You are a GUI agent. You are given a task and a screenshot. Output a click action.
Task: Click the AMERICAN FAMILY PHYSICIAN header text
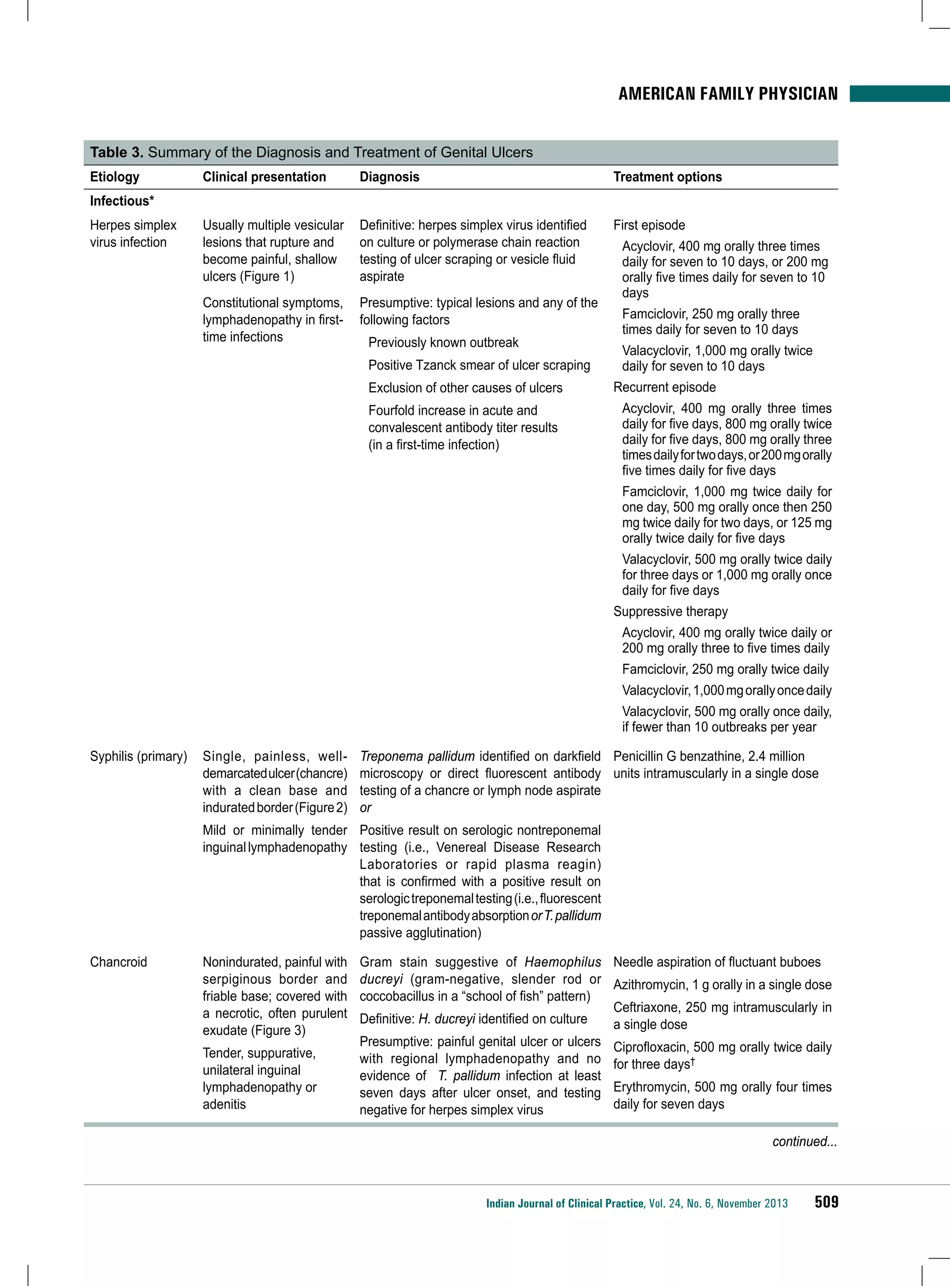[727, 94]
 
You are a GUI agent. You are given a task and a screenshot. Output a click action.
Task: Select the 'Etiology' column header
[115, 177]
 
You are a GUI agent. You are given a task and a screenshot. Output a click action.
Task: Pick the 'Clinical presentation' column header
[264, 177]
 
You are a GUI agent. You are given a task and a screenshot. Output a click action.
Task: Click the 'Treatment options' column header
[667, 177]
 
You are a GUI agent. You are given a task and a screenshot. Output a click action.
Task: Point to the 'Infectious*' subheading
[122, 201]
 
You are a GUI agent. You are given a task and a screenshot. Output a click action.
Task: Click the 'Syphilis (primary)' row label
[139, 756]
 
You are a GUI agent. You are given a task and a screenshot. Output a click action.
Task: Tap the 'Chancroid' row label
[118, 962]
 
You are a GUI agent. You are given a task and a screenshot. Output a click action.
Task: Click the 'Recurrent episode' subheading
[664, 387]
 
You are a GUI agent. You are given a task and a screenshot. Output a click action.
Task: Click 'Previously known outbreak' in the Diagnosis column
[443, 343]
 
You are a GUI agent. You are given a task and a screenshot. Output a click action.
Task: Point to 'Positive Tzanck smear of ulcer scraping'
[479, 365]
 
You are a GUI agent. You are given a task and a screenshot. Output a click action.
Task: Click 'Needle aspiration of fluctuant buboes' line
[717, 962]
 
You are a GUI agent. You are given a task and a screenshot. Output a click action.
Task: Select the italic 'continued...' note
[804, 1142]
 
